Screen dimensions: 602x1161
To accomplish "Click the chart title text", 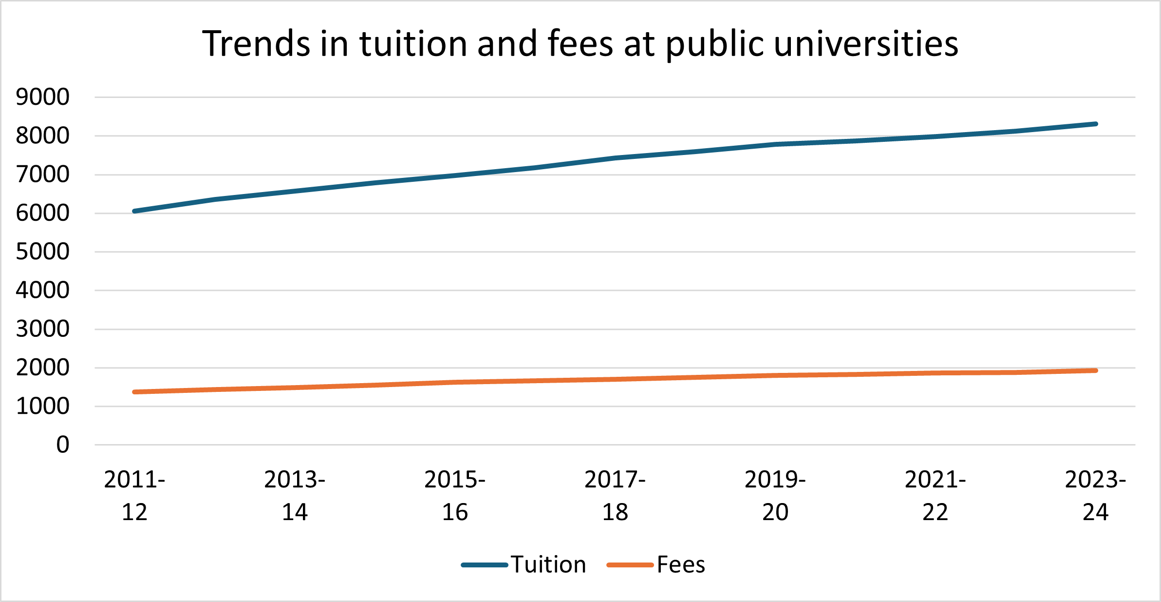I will tap(580, 44).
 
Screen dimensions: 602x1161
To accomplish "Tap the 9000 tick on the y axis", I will tap(42, 97).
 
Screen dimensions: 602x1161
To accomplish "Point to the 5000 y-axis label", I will tap(42, 252).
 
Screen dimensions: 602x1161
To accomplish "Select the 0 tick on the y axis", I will tap(62, 445).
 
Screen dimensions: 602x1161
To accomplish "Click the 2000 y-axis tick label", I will tap(42, 368).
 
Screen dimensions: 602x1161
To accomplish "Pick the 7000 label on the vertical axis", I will tap(42, 175).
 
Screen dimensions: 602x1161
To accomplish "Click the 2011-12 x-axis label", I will tap(134, 496).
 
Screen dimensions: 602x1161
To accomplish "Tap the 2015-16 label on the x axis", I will tap(455, 496).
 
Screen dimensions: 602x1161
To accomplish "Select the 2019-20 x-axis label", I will tap(775, 496).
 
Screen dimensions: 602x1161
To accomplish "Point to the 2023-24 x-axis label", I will tap(1096, 496).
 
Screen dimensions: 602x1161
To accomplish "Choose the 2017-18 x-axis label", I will tap(615, 496).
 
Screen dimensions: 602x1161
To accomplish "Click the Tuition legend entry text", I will tap(548, 565).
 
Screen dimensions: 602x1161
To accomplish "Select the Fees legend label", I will tap(681, 565).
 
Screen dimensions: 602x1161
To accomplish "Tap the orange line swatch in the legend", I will tap(630, 565).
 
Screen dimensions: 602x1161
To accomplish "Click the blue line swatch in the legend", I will tap(485, 565).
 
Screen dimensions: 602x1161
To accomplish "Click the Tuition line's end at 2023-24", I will tap(1095, 124).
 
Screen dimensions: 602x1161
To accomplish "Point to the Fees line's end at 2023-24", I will tap(1095, 370).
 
